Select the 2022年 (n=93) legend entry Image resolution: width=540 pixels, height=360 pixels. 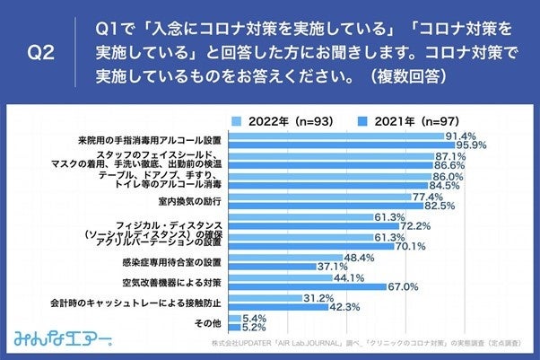(279, 119)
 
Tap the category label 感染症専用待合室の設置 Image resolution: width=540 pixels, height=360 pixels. (173, 261)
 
